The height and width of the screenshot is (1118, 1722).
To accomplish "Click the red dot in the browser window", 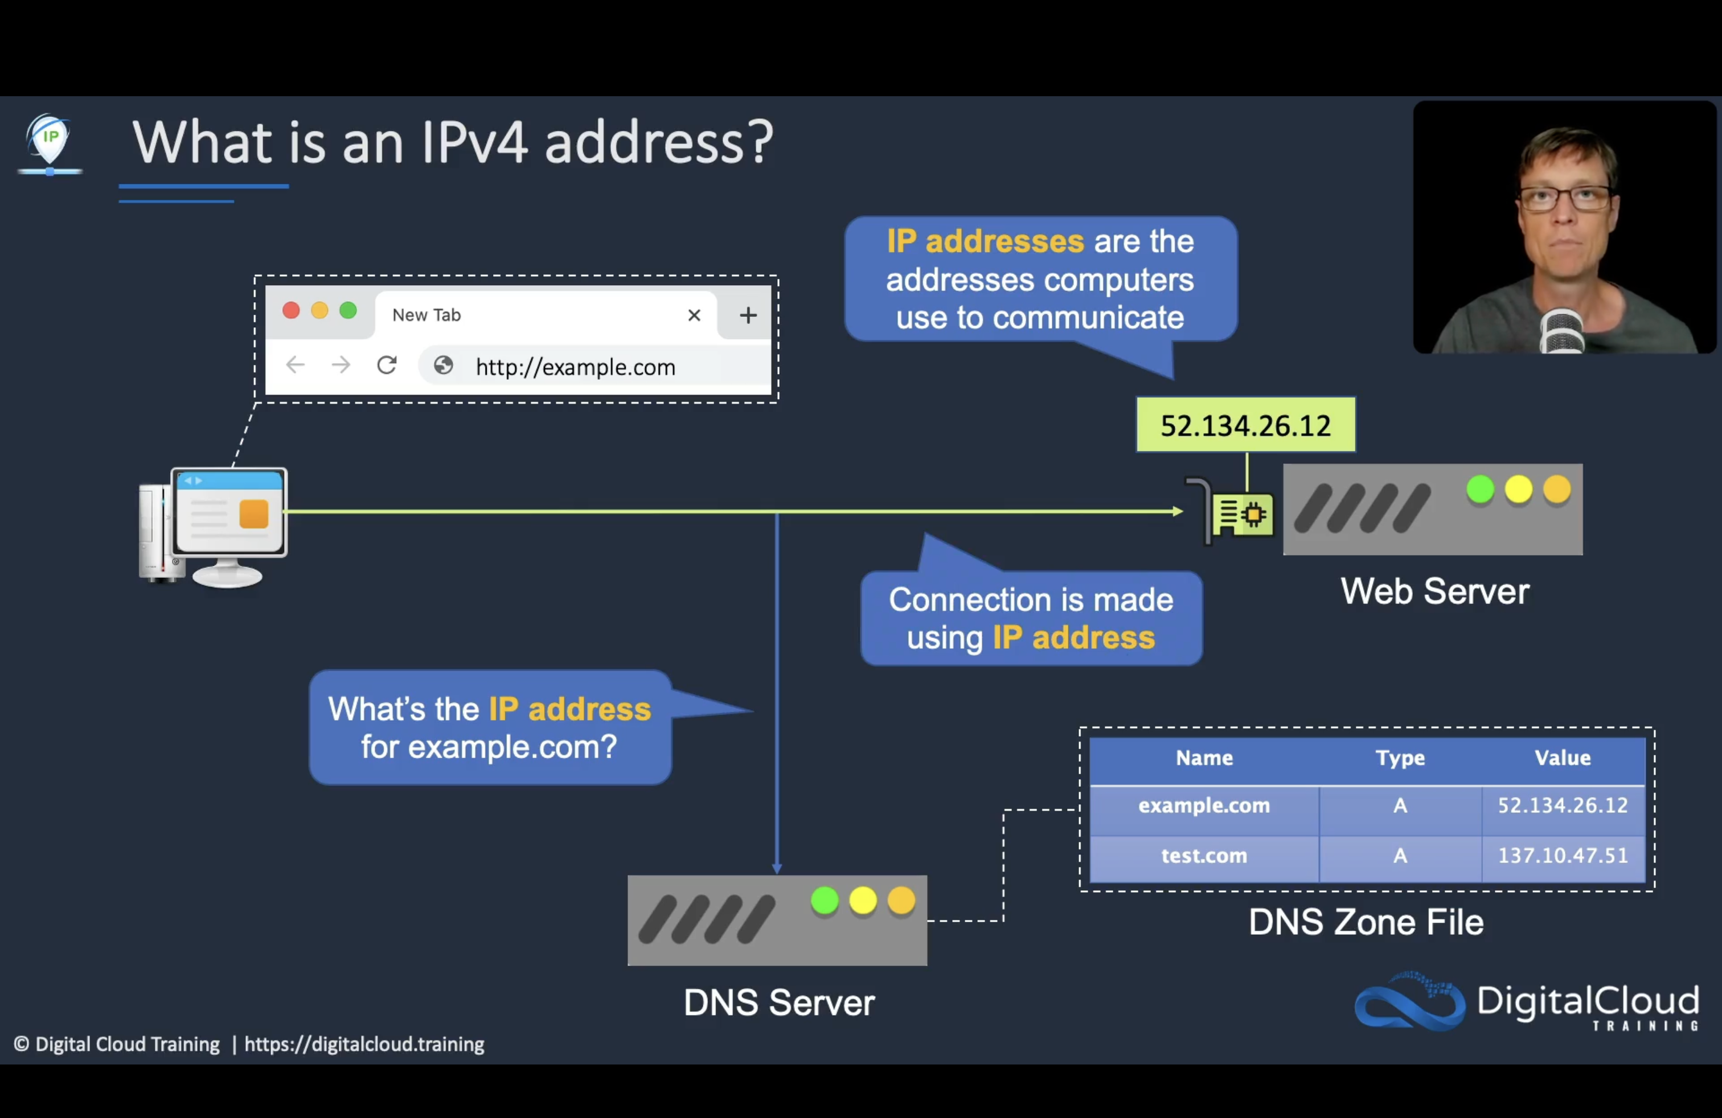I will (291, 311).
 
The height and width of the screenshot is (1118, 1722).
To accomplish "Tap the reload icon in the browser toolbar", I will (387, 365).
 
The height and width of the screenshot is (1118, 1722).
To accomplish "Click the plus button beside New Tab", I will (748, 315).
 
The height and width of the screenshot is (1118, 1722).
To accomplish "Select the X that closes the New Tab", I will (694, 315).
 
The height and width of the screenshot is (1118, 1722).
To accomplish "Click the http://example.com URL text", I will (575, 367).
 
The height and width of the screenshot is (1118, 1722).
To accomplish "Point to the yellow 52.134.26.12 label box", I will (1245, 425).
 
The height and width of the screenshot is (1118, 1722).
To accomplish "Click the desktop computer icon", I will (214, 527).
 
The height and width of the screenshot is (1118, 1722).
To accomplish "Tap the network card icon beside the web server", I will (1241, 514).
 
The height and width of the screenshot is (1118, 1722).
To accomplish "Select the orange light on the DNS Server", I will (901, 901).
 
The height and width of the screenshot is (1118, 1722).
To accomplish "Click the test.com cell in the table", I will (1204, 856).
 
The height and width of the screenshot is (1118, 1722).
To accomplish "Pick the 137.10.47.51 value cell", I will (1563, 856).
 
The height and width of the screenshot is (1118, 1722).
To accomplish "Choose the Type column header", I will (1400, 758).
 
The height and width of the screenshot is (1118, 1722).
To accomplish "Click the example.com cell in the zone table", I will (1204, 805).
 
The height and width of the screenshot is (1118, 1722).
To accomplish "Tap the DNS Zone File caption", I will (1366, 922).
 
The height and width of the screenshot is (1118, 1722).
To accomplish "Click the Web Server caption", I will (1435, 591).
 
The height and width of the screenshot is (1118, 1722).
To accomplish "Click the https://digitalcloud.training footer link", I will (364, 1044).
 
